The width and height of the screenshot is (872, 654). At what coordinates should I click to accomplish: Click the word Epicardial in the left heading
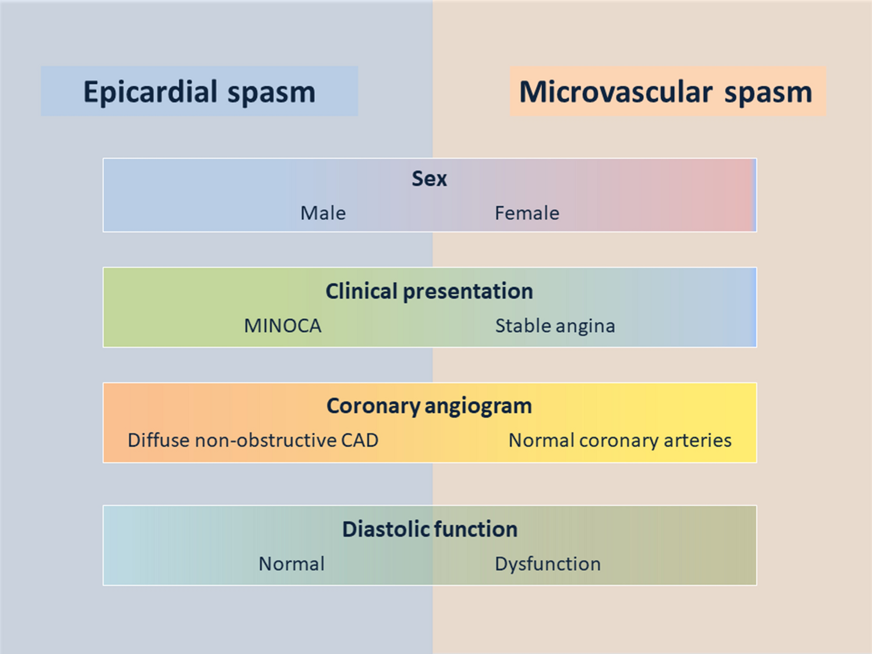click(151, 92)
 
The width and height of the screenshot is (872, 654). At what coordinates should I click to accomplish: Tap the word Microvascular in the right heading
click(616, 92)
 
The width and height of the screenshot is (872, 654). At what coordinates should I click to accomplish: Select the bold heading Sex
click(429, 179)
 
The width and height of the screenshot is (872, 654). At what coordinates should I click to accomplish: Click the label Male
click(323, 213)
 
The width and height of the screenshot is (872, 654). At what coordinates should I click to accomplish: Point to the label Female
click(527, 213)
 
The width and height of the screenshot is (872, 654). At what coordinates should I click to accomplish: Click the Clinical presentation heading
click(429, 292)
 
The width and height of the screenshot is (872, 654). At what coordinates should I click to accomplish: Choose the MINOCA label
click(282, 326)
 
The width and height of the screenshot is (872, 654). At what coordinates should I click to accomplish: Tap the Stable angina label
click(555, 326)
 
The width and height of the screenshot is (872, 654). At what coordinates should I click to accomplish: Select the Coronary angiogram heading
click(429, 406)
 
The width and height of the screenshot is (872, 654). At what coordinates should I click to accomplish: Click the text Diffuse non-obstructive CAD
click(253, 440)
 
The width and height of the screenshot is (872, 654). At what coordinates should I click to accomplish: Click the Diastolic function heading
click(430, 529)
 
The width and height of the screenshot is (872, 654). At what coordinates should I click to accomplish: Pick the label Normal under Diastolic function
click(292, 564)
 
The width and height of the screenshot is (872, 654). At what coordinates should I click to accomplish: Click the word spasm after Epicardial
click(271, 93)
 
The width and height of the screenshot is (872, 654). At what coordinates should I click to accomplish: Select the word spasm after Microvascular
click(768, 93)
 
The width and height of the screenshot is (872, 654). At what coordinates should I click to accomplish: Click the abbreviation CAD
click(359, 440)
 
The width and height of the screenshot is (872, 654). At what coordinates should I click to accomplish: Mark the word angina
click(585, 327)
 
